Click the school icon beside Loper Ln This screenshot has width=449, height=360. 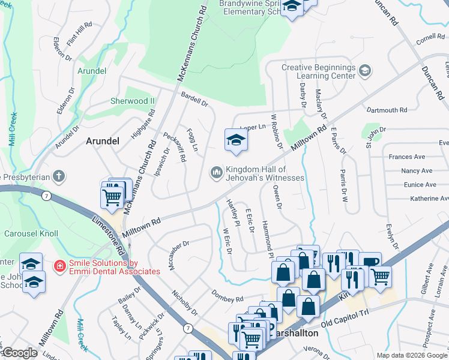point(236,140)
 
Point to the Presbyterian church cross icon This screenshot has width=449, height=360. point(58,176)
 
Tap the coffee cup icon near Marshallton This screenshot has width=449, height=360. point(370,263)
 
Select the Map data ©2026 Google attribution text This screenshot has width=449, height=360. point(411,355)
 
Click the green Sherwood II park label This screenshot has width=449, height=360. point(132,101)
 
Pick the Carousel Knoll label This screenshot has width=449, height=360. point(29,233)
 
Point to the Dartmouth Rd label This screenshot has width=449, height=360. point(387,110)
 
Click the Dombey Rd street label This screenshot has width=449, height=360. point(227,296)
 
